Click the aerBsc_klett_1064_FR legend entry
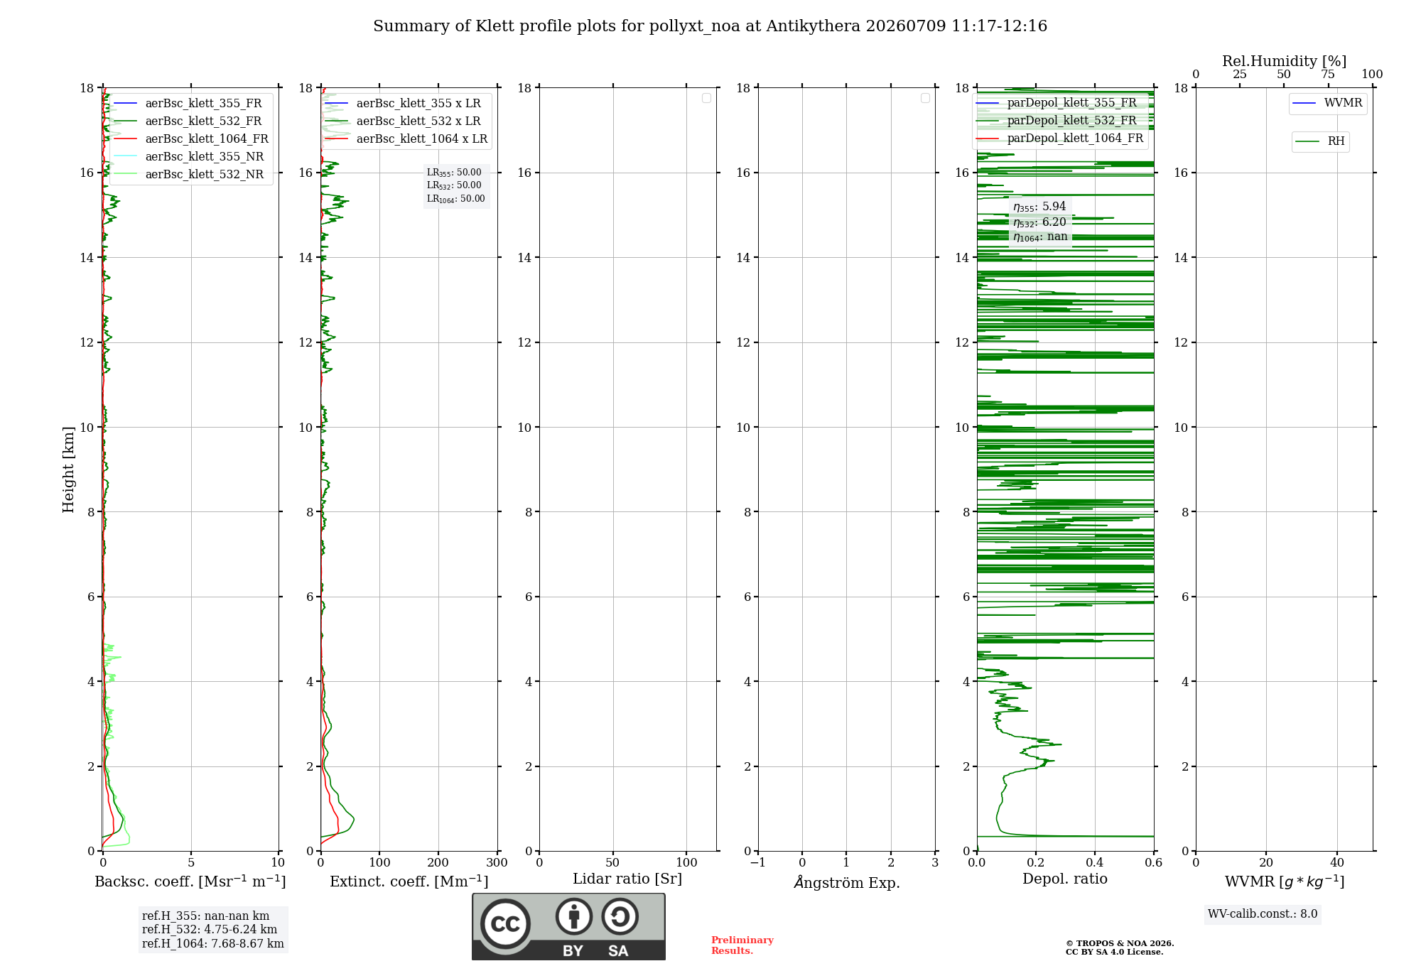point(190,139)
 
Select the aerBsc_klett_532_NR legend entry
point(188,174)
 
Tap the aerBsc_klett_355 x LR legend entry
point(403,103)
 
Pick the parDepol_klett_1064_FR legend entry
point(1059,138)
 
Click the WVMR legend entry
point(1327,102)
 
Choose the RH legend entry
point(1320,141)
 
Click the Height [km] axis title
point(68,470)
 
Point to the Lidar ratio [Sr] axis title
point(627,879)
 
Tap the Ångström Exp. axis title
point(847,881)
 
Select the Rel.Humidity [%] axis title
point(1285,61)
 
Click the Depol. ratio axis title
point(1065,879)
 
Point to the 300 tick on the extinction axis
point(497,862)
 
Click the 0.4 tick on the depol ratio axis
point(1095,862)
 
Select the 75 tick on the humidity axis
point(1328,74)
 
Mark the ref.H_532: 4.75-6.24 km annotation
point(210,929)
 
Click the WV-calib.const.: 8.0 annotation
point(1263,913)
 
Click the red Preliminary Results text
point(742,945)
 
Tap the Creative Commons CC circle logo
point(505,924)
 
